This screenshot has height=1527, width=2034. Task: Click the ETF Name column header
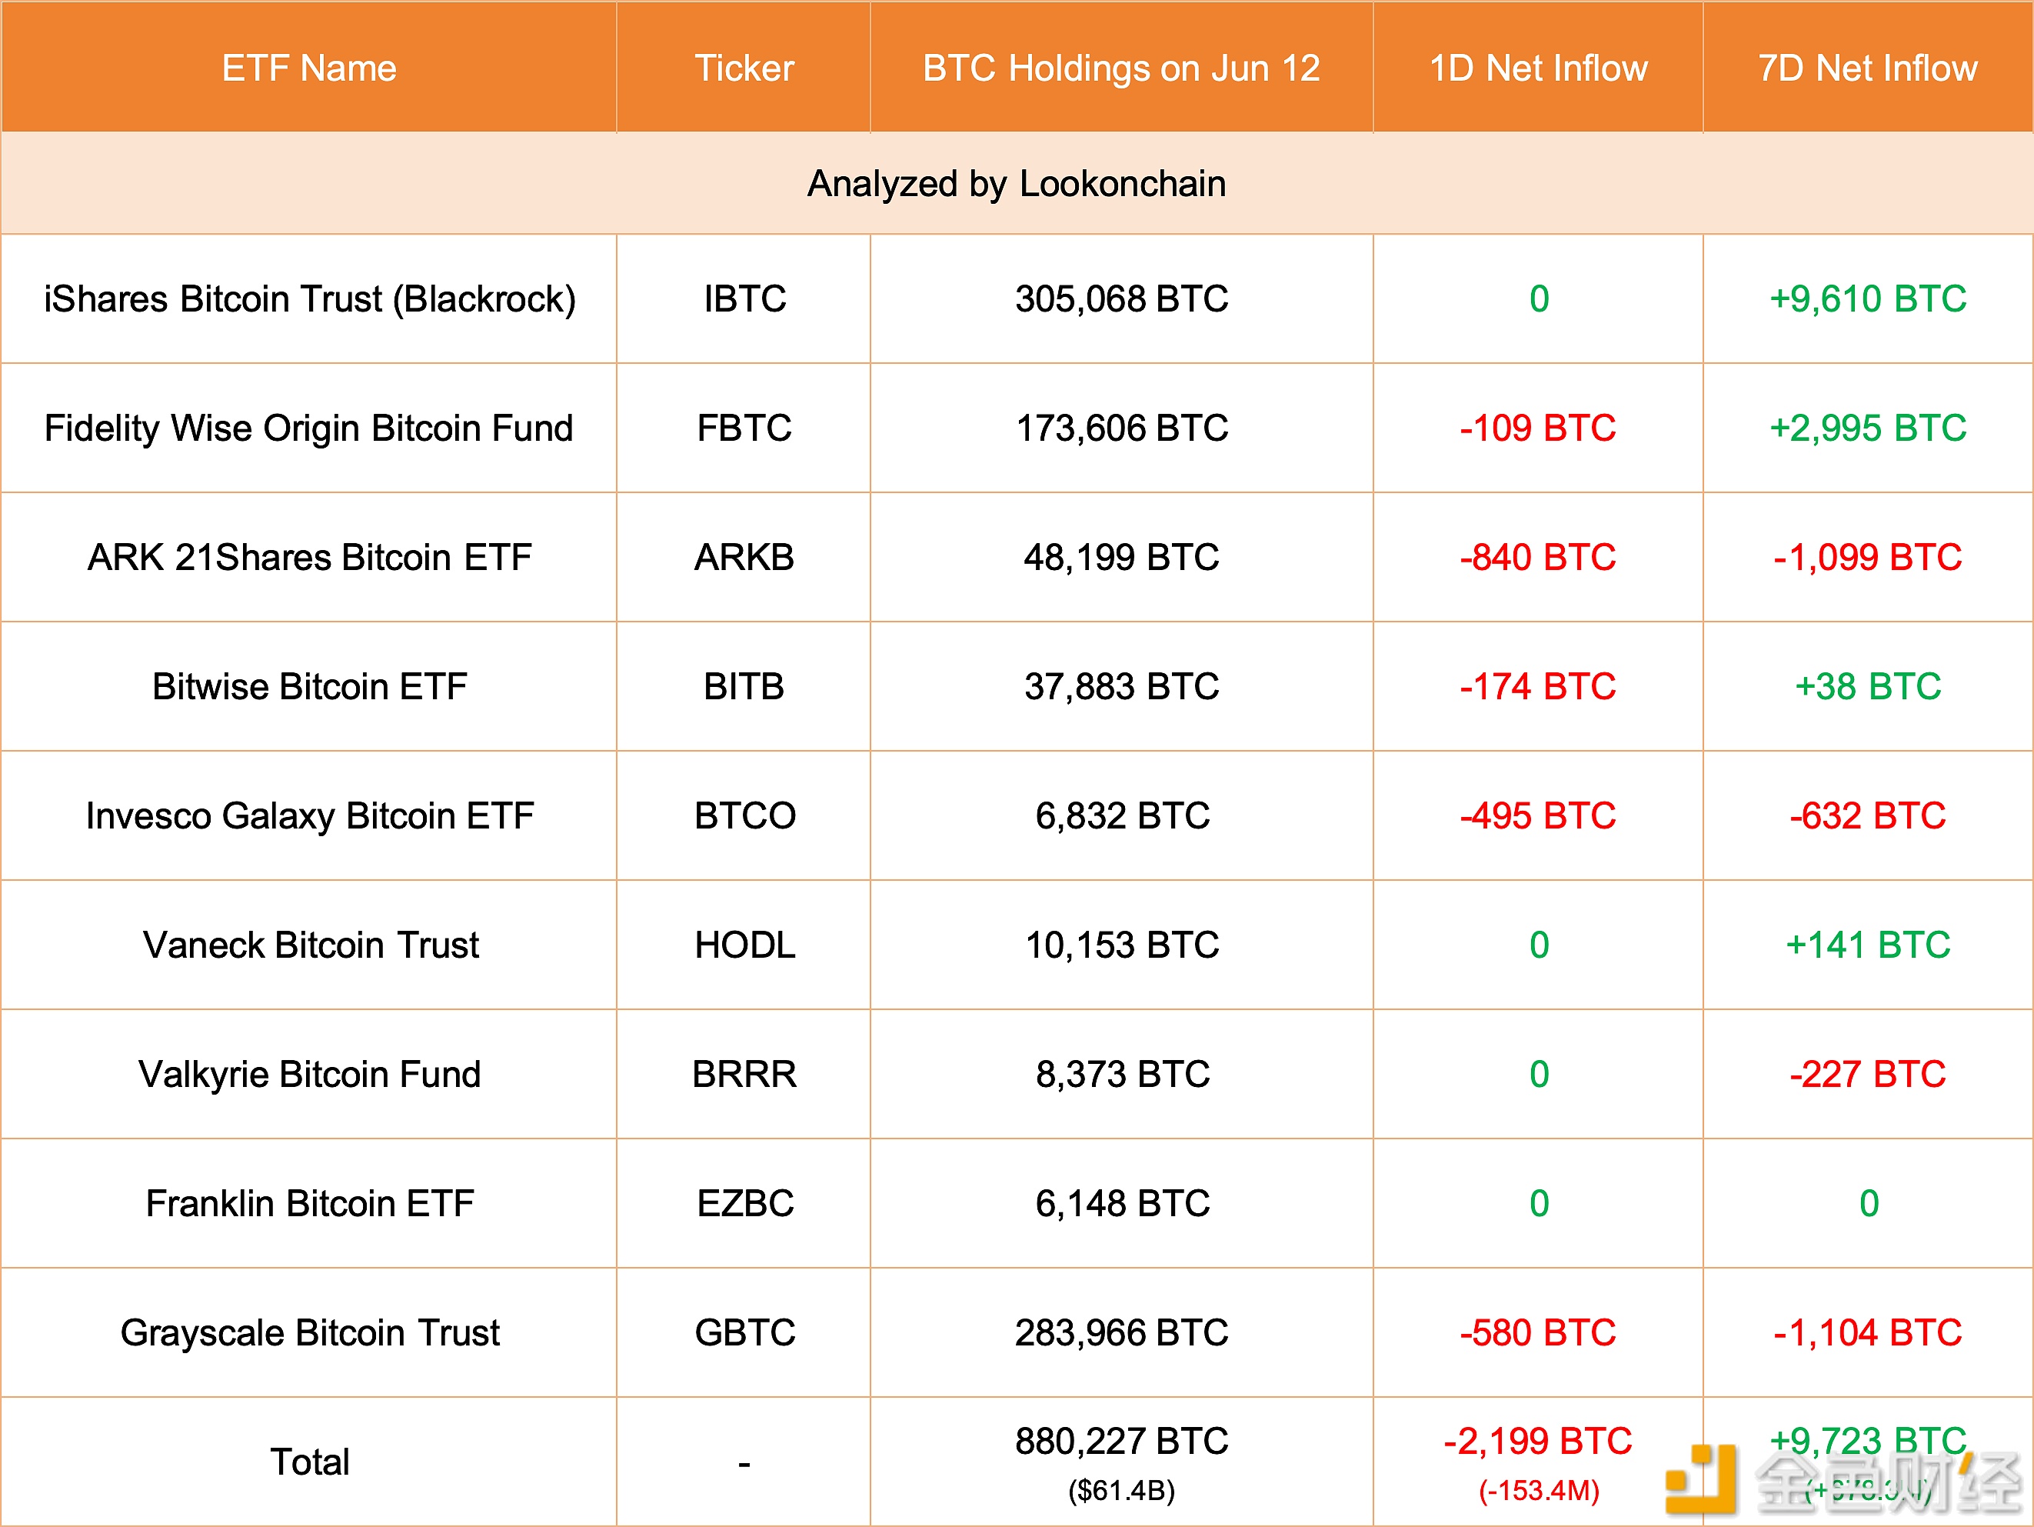coord(309,68)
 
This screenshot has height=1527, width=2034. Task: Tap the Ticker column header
coord(744,68)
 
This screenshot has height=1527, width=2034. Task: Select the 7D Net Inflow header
coord(1868,68)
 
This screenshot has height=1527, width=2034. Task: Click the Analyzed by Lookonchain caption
coord(1016,184)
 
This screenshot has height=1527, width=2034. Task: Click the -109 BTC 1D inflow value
coord(1537,428)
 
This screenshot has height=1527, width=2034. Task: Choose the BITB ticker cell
coord(744,686)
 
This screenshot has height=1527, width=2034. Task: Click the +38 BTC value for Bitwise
coord(1868,686)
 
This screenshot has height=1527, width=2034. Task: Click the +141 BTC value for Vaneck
coord(1868,945)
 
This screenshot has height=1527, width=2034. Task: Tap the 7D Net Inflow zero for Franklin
coord(1869,1203)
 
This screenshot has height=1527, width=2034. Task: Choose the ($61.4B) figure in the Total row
coord(1121,1490)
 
